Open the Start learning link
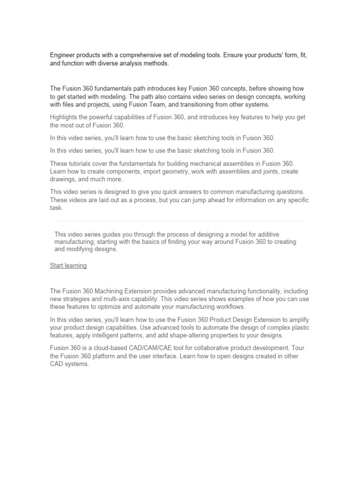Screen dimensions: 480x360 click(68, 266)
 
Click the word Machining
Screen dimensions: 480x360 click(112, 292)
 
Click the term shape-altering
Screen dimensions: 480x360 click(182, 336)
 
